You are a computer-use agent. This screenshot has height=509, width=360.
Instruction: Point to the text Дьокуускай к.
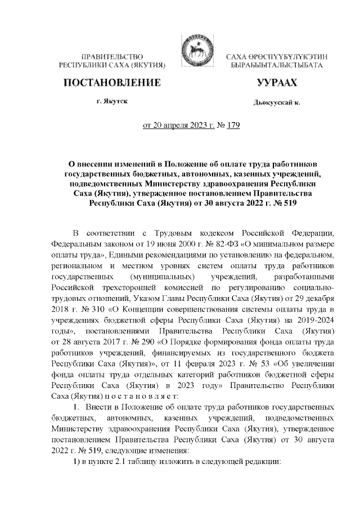tap(276, 103)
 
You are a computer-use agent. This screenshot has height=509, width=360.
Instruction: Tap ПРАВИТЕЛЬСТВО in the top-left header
tap(111, 57)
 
